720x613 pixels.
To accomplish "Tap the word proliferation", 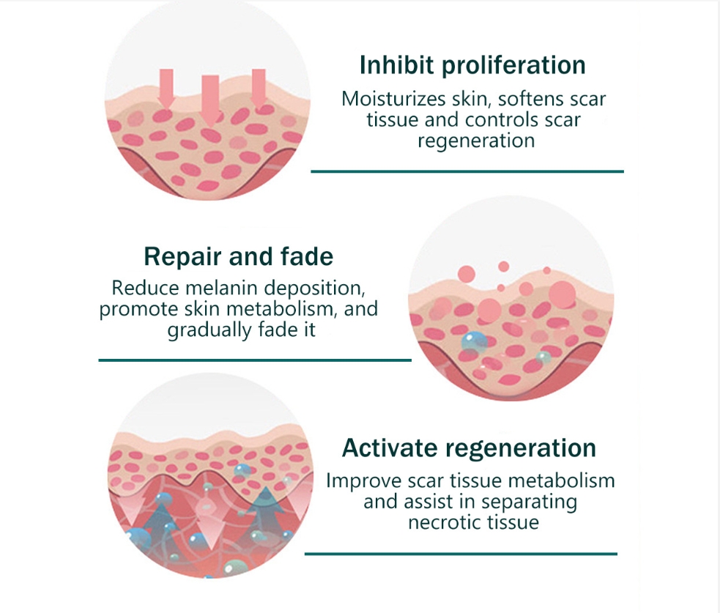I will point(513,66).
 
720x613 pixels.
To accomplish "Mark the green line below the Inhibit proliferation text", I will point(467,171).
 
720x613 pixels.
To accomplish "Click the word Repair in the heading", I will point(183,257).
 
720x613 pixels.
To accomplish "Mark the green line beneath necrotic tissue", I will point(461,554).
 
